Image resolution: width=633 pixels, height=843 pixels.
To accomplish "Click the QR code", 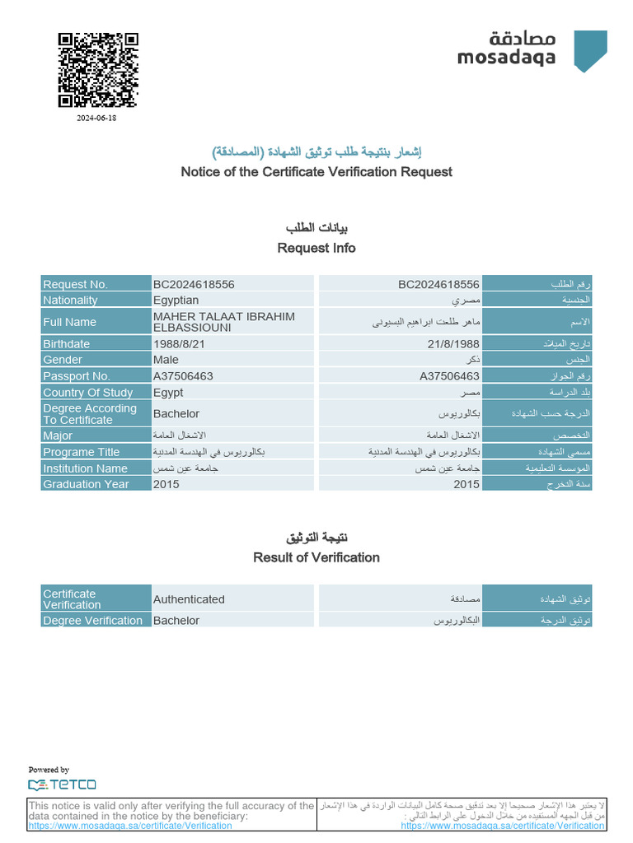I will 97,69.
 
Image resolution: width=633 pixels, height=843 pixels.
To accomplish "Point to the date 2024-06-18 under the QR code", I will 97,119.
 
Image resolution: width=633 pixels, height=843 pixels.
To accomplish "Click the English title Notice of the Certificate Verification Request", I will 316,172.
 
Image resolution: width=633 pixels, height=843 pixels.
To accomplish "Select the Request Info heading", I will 316,248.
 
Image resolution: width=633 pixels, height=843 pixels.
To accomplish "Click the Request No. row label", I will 75,284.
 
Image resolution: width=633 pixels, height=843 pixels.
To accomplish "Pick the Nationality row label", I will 70,300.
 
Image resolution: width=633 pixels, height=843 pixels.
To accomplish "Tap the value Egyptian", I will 176,300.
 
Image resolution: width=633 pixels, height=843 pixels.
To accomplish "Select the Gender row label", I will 63,360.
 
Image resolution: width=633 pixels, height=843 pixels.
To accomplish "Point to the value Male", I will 166,360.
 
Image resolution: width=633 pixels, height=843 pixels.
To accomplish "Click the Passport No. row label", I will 76,376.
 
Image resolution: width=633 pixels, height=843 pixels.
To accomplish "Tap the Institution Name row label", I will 85,468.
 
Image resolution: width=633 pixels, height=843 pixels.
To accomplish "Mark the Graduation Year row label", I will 86,484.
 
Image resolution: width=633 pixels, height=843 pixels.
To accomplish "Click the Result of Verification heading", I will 316,557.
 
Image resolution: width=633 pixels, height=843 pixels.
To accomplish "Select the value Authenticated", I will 189,599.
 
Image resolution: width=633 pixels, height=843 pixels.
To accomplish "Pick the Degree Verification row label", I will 92,621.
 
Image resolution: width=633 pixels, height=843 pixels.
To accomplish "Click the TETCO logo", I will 62,785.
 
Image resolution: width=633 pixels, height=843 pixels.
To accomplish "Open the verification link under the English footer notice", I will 130,826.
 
